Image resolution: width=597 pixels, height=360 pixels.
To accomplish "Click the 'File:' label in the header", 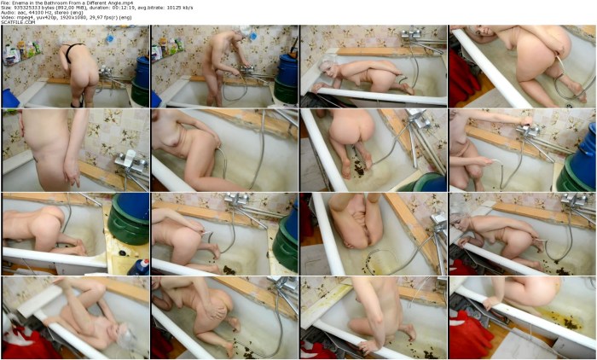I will coord(7,3).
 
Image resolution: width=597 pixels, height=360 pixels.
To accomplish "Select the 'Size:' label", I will coord(7,9).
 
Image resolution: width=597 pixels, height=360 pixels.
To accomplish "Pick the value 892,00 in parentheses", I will coord(70,9).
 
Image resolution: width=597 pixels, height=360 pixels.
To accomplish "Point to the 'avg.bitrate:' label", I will coord(169,9).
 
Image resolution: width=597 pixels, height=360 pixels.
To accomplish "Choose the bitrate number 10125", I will coord(195,9).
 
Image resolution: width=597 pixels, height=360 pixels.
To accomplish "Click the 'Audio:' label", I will coord(9,14).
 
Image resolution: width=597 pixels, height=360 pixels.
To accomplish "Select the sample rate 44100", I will coord(38,14).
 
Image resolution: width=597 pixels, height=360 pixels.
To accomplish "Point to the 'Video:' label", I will coord(9,19).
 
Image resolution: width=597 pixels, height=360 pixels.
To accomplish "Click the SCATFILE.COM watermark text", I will coord(17,24).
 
